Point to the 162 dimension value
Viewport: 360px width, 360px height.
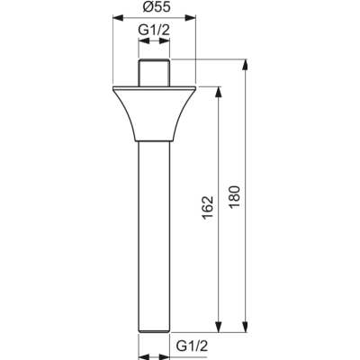click(x=206, y=209)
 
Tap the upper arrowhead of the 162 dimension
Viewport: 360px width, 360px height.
click(x=219, y=91)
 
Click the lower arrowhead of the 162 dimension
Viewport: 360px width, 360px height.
click(x=219, y=327)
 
